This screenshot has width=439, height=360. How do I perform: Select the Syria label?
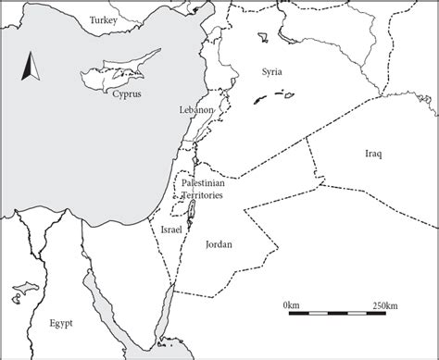(271, 71)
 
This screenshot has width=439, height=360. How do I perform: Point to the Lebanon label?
(197, 109)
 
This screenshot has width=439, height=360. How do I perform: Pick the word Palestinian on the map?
(204, 184)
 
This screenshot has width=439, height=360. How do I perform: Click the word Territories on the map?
(204, 196)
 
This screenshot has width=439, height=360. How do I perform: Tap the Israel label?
(171, 228)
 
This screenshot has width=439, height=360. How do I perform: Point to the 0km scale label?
(291, 304)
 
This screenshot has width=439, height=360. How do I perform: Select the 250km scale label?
(385, 304)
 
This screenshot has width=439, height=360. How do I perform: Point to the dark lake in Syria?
(255, 100)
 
